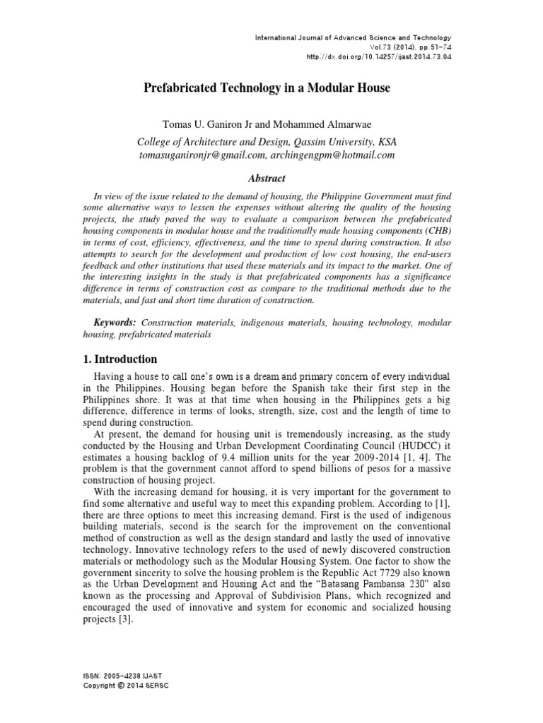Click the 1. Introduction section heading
coord(121,359)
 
